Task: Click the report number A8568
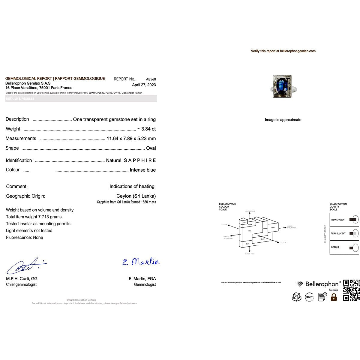pos(151,79)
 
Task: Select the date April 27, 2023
pos(144,85)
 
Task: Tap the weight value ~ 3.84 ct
pos(146,129)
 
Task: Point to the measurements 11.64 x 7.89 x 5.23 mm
pos(131,139)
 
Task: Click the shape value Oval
pos(151,148)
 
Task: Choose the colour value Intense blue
pos(142,170)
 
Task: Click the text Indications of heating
pos(132,187)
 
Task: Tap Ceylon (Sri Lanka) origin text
pos(136,196)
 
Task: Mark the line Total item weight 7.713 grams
pos(34,217)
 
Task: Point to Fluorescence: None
pos(25,238)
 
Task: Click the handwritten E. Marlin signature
pos(141,262)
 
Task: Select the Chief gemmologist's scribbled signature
pos(26,266)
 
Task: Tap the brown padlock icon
pos(334,297)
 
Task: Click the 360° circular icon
pos(309,297)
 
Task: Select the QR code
pos(351,290)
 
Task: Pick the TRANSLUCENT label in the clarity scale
pos(338,233)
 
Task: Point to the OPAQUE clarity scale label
pos(335,247)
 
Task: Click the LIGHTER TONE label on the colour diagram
pos(250,211)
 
